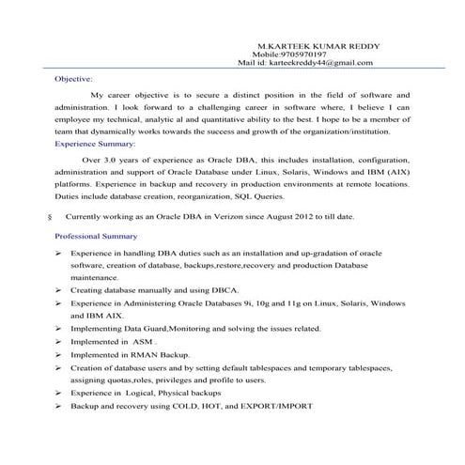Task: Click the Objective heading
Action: (73, 81)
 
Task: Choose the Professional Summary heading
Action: (97, 235)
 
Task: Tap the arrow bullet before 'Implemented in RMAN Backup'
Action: (58, 354)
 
